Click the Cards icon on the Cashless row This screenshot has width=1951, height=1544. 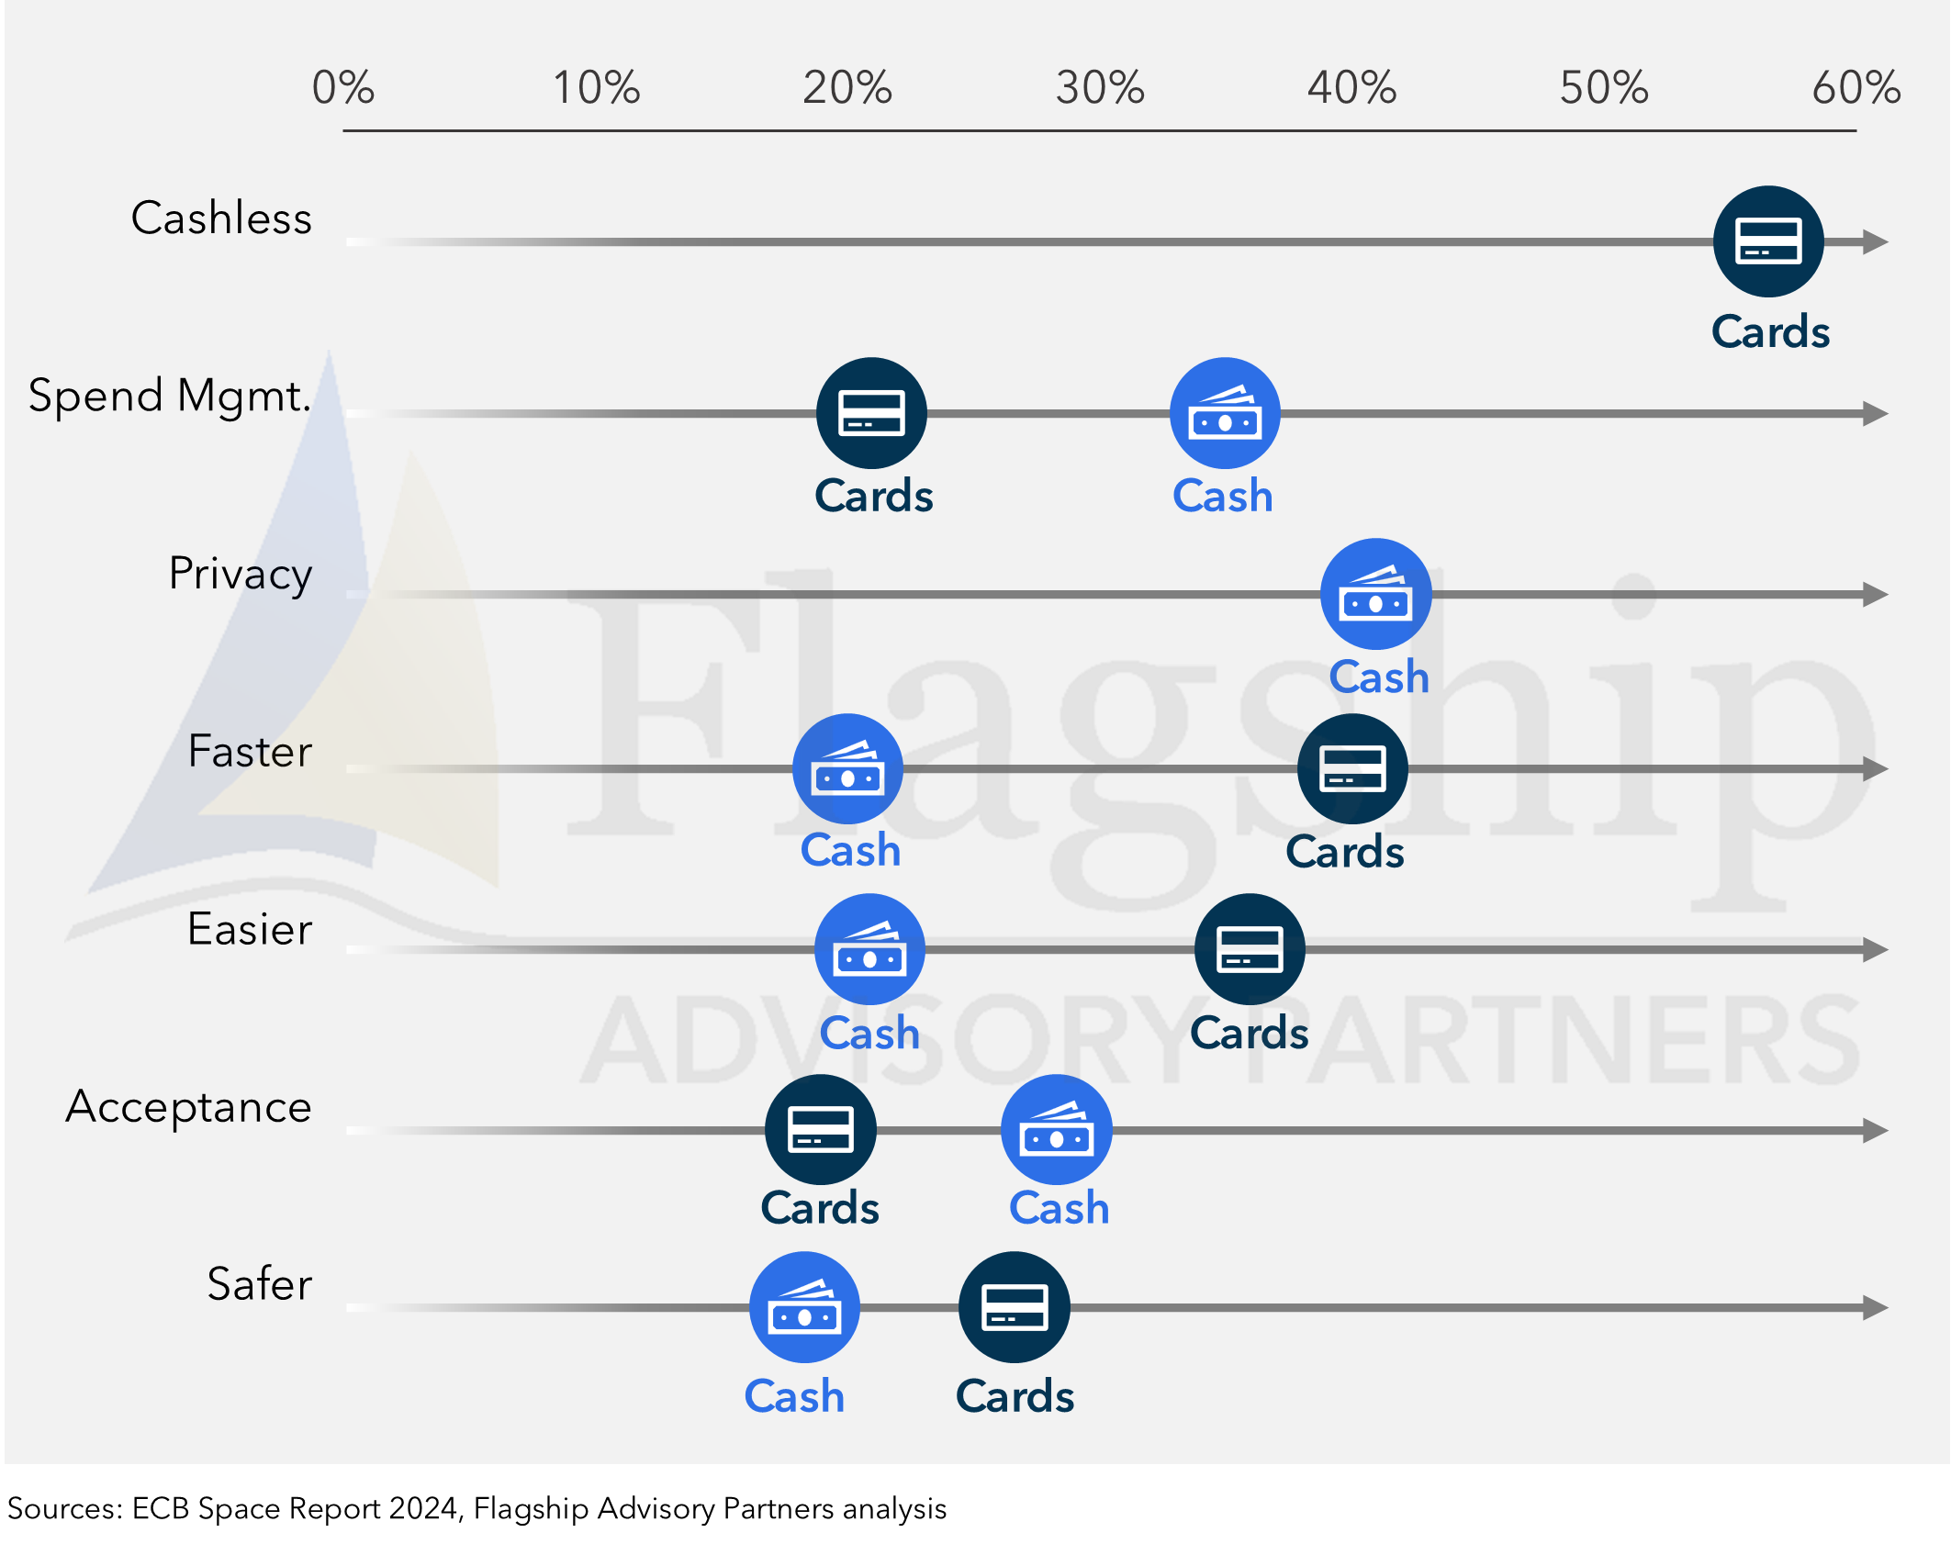point(1768,241)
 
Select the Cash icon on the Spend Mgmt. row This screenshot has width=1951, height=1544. point(1225,413)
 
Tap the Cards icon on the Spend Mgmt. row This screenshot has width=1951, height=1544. point(871,413)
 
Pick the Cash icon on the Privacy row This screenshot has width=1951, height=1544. point(1375,594)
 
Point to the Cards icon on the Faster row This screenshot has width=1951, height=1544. point(1352,768)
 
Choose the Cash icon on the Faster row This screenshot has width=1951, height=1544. point(847,768)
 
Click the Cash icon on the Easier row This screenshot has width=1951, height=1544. point(869,949)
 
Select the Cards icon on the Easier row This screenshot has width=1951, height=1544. point(1250,949)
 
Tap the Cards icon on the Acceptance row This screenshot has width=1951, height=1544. point(821,1130)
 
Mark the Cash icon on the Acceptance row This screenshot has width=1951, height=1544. point(1057,1130)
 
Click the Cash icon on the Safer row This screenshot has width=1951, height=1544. point(804,1307)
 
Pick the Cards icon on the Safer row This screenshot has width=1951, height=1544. point(1015,1307)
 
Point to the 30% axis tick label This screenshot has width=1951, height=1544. point(1100,88)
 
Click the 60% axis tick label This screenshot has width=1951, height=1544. point(1856,88)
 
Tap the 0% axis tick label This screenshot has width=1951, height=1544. point(343,88)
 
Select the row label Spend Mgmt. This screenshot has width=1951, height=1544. point(170,397)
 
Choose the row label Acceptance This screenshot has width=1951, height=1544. point(189,1107)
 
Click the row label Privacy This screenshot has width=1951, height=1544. point(241,575)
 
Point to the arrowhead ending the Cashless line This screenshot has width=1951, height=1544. point(1876,242)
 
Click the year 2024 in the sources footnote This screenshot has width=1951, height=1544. point(423,1509)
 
